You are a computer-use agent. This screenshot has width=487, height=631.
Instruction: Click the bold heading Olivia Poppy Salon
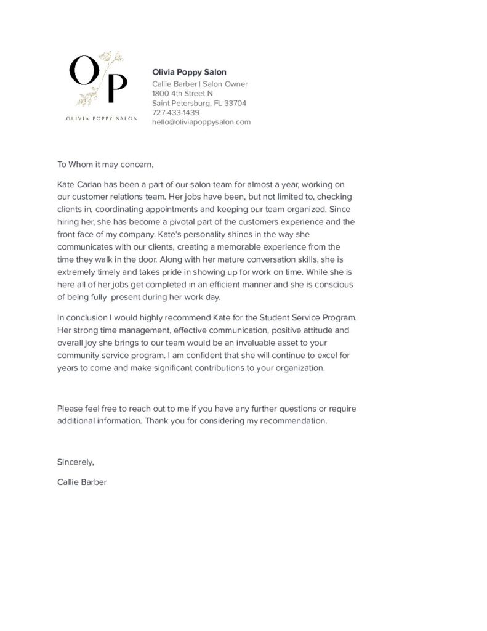coord(189,72)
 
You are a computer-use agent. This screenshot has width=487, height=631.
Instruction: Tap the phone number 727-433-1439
coord(175,113)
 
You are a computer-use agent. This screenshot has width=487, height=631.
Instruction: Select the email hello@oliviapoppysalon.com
coord(201,122)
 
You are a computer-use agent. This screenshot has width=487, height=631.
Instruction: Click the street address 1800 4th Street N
coord(182,94)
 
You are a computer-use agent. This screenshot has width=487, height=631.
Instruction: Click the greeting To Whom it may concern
coord(105,165)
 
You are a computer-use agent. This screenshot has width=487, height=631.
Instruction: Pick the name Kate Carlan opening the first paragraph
coord(79,184)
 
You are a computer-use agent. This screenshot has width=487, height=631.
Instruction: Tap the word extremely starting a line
coord(76,271)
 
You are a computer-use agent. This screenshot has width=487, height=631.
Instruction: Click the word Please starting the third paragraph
coord(70,409)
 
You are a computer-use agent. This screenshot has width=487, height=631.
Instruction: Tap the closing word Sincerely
coord(76,462)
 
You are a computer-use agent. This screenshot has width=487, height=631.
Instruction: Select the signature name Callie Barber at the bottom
coord(82,482)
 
